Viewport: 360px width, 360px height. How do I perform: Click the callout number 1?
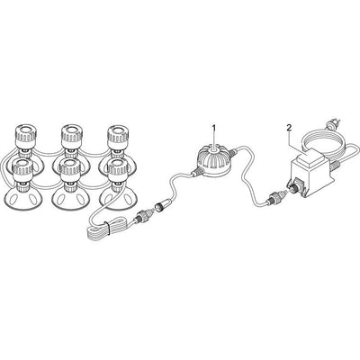(214, 128)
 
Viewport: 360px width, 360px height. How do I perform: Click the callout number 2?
(289, 128)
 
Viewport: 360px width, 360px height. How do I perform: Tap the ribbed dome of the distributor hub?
(214, 157)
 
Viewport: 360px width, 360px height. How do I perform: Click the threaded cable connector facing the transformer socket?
(274, 196)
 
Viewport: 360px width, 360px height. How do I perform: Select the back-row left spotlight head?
(26, 134)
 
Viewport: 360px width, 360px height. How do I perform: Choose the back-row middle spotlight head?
(71, 134)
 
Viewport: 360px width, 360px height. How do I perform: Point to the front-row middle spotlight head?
(69, 170)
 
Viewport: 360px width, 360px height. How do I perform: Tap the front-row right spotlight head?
(119, 170)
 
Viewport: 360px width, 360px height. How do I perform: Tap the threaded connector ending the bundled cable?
(141, 216)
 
